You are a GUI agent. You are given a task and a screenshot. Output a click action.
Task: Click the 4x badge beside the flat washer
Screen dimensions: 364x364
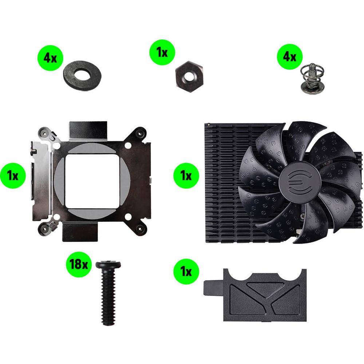50,58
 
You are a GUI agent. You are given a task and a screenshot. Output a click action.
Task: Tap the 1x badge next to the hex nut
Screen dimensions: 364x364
162,52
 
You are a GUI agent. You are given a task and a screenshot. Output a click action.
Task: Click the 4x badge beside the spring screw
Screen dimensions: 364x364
290,56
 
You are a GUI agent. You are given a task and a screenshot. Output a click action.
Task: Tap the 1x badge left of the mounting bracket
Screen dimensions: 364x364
13,175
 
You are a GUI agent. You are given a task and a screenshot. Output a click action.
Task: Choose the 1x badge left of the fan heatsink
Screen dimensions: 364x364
186,175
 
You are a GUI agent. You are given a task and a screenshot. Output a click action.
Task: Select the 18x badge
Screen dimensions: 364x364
79,264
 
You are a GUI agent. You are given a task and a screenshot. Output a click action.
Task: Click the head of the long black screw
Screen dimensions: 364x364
108,265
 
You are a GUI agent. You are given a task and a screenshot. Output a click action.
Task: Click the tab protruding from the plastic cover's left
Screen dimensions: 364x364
214,288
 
